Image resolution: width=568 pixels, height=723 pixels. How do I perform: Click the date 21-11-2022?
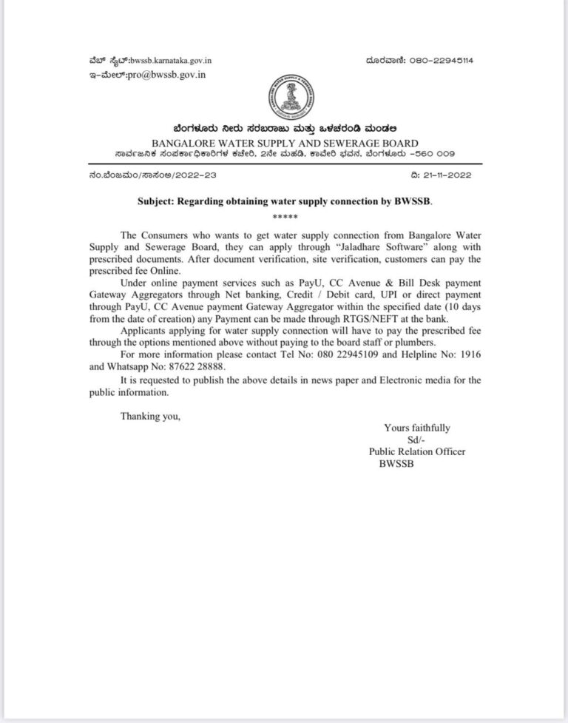(444, 175)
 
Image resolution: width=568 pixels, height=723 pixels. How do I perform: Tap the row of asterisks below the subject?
(284, 215)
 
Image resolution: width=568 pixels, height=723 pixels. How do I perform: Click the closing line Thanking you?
(150, 417)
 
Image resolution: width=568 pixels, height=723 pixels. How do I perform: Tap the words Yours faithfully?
(417, 428)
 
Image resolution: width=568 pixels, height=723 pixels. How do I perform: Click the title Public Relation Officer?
(417, 451)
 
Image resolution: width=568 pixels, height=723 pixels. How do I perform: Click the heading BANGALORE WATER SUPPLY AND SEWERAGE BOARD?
(284, 143)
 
